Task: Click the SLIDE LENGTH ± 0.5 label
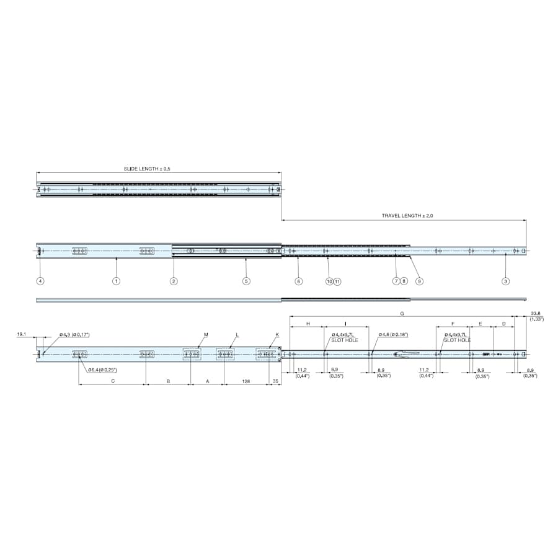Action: click(147, 169)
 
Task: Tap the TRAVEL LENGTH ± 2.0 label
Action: click(406, 216)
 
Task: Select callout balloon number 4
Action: click(40, 281)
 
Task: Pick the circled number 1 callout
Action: click(116, 281)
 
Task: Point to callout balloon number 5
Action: click(246, 281)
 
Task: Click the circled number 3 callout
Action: click(505, 281)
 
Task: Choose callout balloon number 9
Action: click(419, 281)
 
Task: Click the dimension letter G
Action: click(402, 314)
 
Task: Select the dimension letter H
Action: click(308, 324)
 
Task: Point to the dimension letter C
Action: click(112, 381)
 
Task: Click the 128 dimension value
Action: click(246, 381)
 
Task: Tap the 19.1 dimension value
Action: click(22, 334)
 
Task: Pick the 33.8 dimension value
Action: click(536, 314)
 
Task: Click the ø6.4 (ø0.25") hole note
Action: click(102, 370)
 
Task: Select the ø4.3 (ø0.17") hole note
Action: click(74, 335)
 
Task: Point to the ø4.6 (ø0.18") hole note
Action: click(393, 335)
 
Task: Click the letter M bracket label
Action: click(206, 335)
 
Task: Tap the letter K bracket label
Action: click(277, 335)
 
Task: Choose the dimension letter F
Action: click(453, 324)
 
